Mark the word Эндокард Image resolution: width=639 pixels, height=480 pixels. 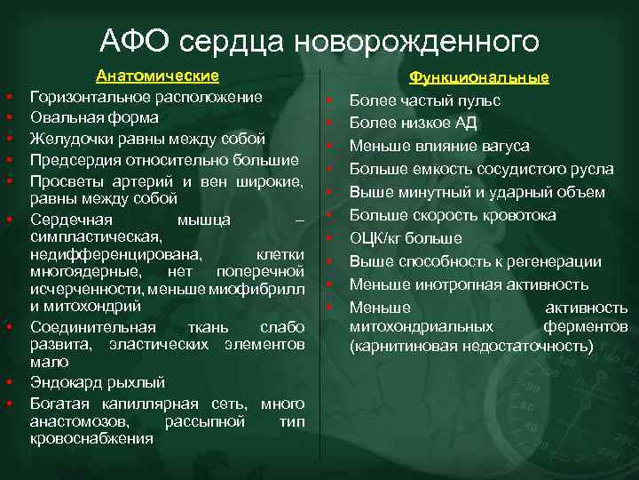click(67, 382)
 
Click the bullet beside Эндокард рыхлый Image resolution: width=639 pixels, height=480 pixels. click(8, 383)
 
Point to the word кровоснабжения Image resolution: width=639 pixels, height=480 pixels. click(91, 438)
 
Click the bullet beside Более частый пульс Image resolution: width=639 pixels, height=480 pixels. click(327, 101)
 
